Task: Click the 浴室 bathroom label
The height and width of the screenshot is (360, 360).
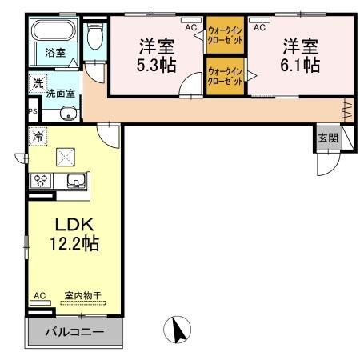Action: point(55,54)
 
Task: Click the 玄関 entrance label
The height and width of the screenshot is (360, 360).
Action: point(328,137)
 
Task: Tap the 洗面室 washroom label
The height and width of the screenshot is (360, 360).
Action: point(60,94)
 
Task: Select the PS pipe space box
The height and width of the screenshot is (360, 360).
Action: point(32,111)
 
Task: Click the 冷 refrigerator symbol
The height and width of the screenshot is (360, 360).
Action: point(37,137)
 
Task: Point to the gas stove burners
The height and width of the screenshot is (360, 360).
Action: point(39,180)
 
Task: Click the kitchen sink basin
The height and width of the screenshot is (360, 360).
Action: point(74,179)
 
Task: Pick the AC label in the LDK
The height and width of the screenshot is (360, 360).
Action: point(39,294)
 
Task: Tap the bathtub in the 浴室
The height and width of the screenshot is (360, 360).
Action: point(54,31)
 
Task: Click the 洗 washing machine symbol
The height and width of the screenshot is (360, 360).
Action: point(38,83)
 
